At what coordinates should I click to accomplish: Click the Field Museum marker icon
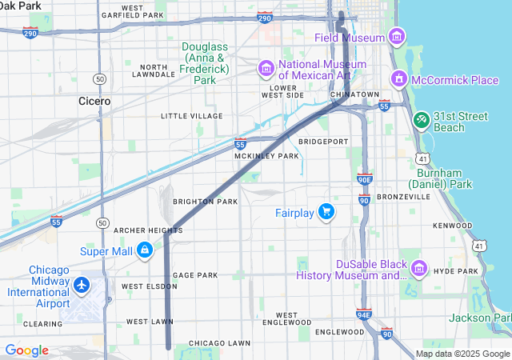396,37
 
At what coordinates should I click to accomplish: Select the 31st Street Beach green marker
421,119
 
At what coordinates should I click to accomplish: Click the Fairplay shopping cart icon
326,212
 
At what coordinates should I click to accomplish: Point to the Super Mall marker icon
144,250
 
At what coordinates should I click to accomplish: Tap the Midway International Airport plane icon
81,285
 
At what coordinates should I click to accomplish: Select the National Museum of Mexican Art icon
266,69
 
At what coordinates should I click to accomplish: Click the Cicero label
94,102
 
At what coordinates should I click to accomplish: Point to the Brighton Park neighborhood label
205,201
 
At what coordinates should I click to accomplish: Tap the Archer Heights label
148,230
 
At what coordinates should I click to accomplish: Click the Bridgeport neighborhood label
323,142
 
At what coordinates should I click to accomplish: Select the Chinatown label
354,94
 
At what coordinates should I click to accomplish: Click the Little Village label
191,116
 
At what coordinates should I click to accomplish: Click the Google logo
26,350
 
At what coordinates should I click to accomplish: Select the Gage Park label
194,274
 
